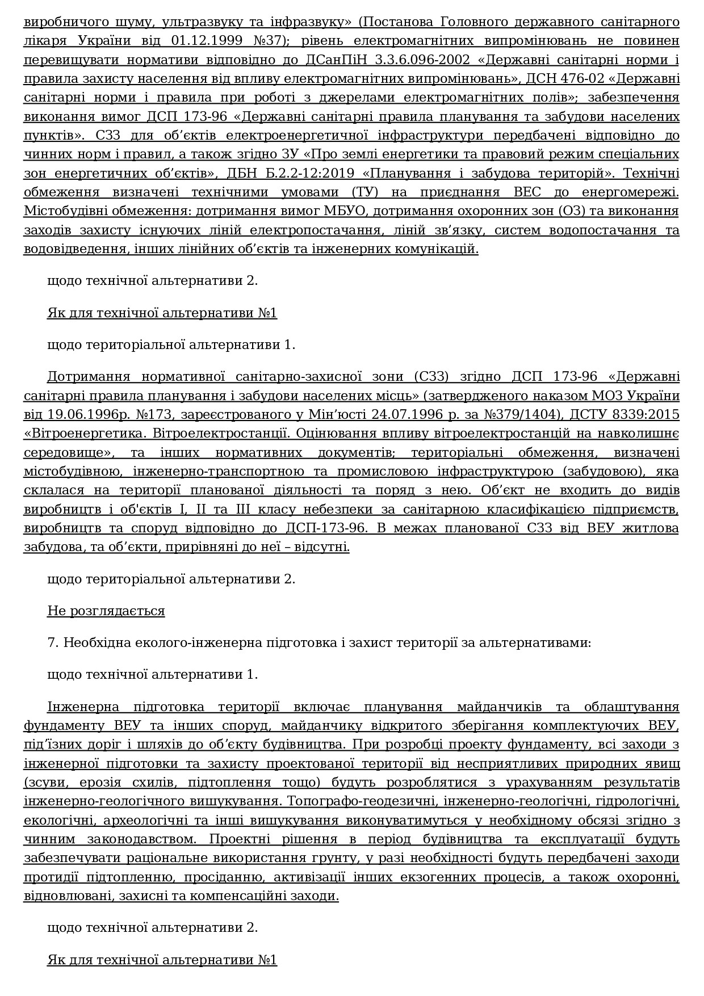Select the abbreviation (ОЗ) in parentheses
coord(556,211)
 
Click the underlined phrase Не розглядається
coord(106,611)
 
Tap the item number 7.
coord(53,642)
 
